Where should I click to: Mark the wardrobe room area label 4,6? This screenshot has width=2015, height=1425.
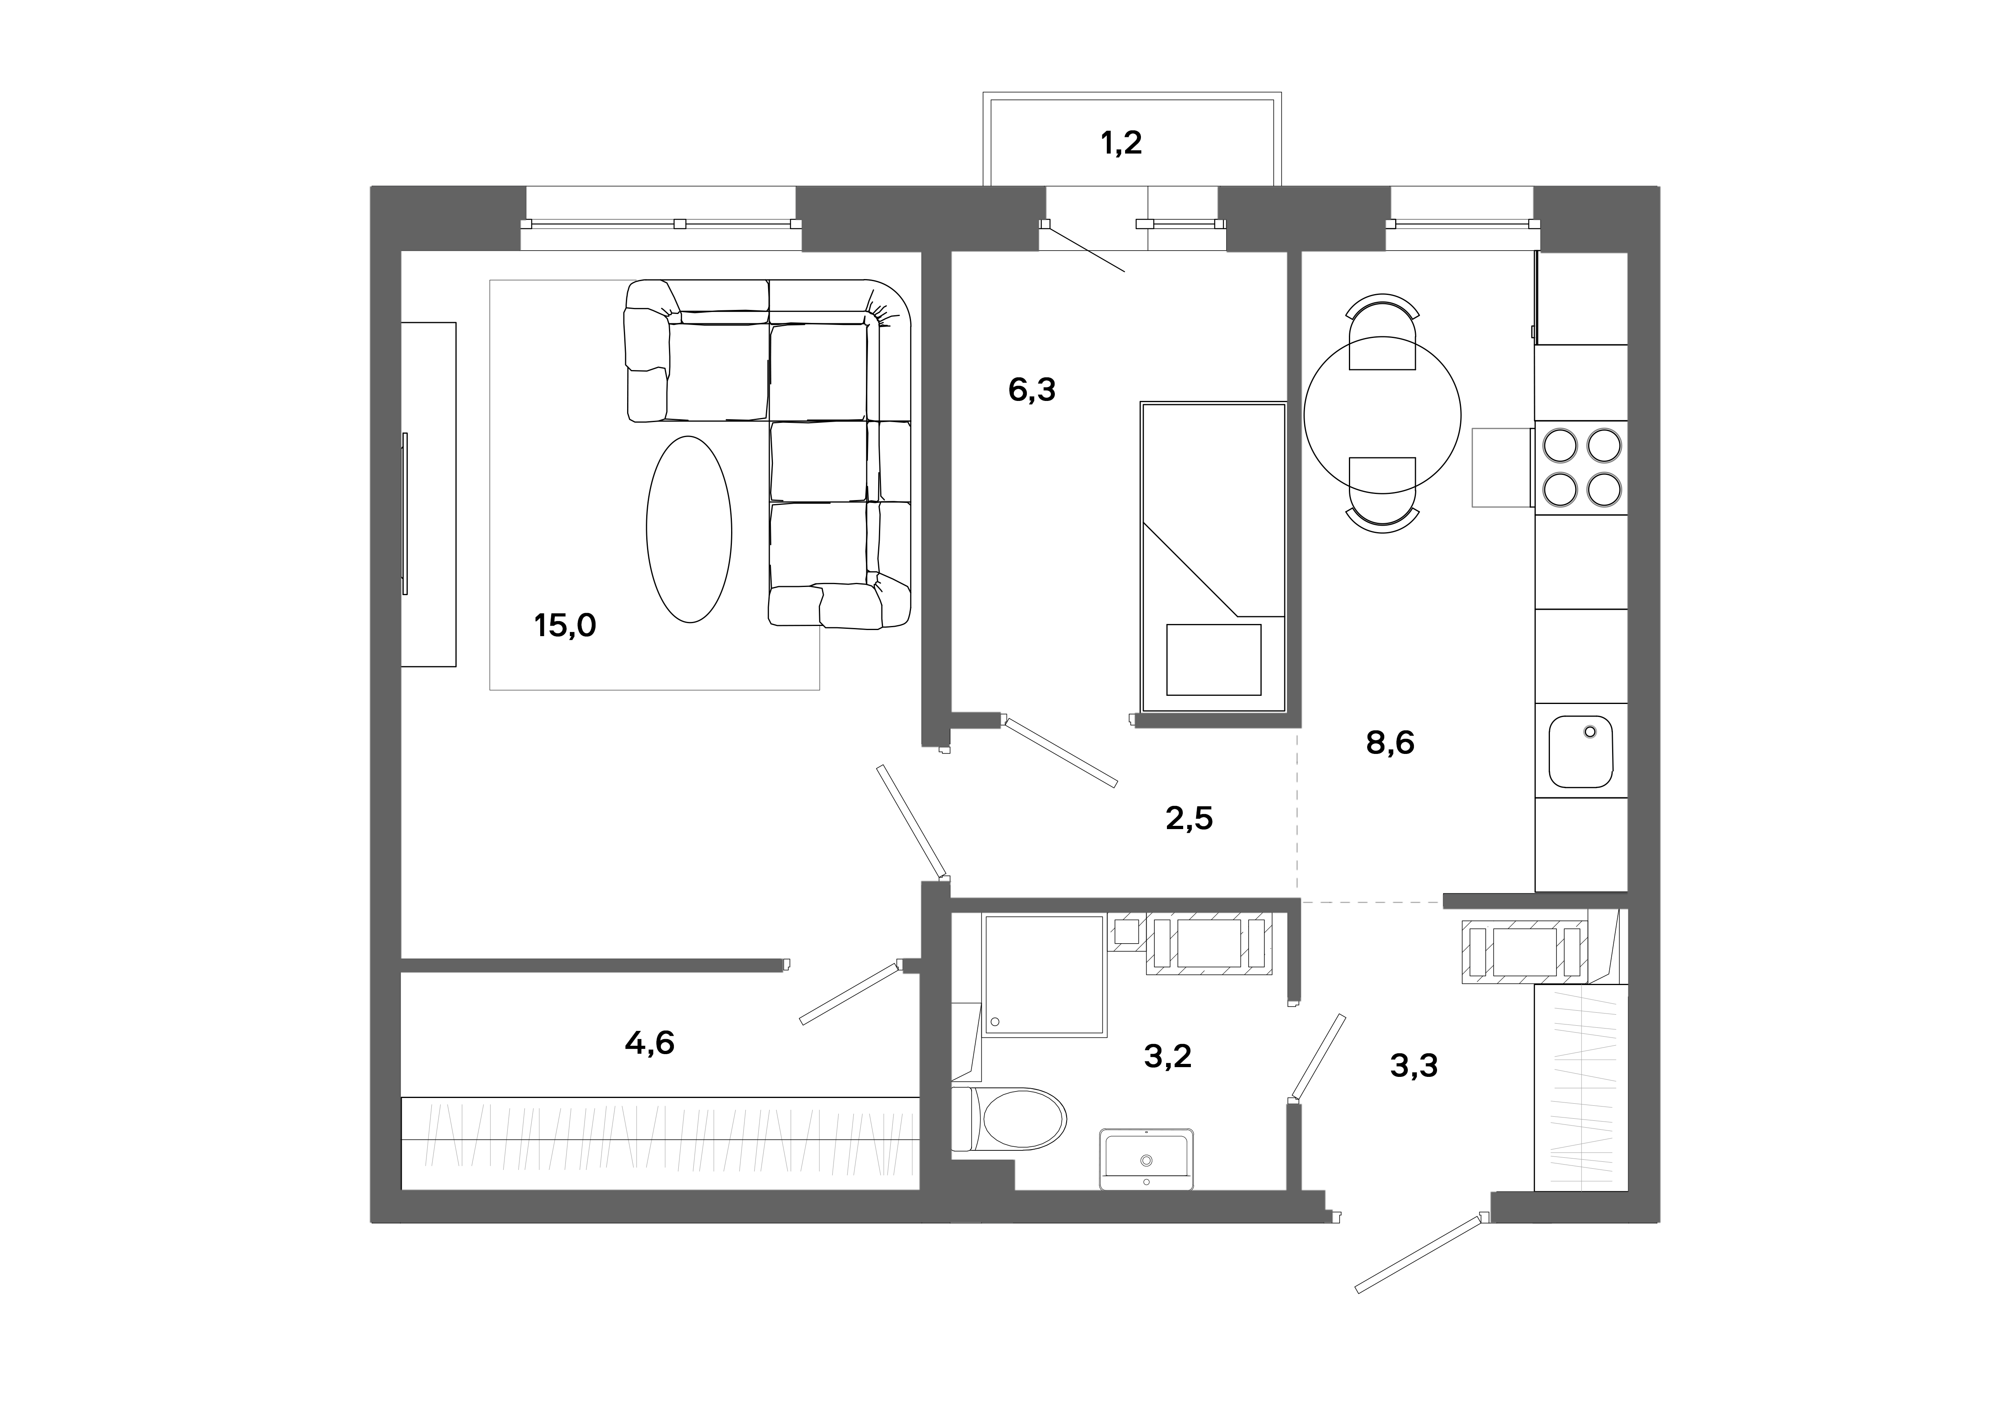[649, 1042]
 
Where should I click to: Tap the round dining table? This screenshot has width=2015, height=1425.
[1382, 415]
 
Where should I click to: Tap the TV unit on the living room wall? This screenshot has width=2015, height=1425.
[428, 494]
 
